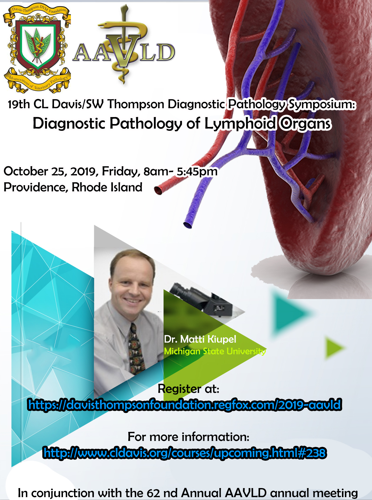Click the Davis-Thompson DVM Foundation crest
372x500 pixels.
point(37,48)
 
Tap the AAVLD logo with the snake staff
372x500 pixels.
point(124,47)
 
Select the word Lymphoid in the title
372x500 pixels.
point(240,123)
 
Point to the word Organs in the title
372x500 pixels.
point(306,124)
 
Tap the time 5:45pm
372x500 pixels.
point(197,172)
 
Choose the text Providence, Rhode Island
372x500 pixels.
point(73,187)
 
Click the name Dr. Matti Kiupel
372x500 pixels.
point(200,339)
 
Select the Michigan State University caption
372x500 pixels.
point(215,351)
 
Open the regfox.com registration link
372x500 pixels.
point(185,405)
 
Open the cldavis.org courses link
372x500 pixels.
point(185,453)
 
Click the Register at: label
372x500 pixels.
point(188,389)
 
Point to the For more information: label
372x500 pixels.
point(189,437)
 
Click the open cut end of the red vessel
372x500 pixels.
point(158,190)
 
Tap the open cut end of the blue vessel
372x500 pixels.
point(188,225)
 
